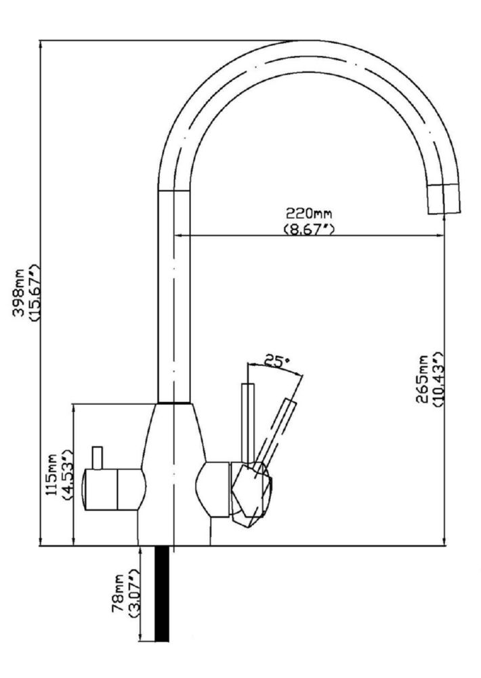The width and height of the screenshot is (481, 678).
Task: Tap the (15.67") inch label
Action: click(x=35, y=292)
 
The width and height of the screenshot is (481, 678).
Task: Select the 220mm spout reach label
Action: click(x=308, y=213)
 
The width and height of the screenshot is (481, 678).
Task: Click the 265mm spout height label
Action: click(x=422, y=379)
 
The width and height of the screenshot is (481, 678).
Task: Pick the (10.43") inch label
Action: click(x=436, y=379)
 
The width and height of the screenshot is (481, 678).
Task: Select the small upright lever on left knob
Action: click(x=98, y=458)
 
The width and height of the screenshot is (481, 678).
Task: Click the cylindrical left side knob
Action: click(x=114, y=489)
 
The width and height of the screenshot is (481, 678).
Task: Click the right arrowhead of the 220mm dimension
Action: click(x=440, y=236)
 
